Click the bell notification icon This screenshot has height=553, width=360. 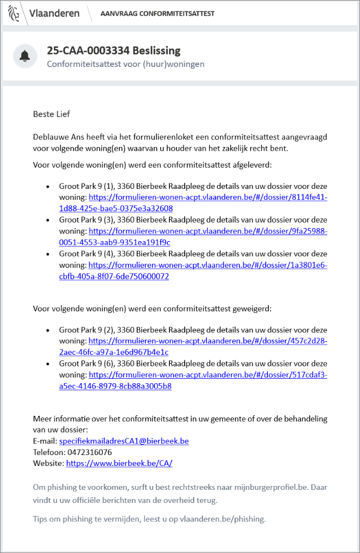[x=25, y=56]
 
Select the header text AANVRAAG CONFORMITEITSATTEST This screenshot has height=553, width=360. [x=157, y=14]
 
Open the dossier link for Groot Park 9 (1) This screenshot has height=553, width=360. [x=208, y=197]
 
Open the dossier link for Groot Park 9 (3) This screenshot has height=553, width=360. [x=208, y=231]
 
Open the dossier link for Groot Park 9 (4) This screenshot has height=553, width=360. [x=208, y=265]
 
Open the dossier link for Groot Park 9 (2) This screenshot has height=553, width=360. [x=208, y=341]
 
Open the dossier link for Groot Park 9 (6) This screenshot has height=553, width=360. [x=208, y=375]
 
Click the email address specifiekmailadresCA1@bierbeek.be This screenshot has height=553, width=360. [x=124, y=441]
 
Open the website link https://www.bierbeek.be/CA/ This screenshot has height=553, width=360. [x=119, y=464]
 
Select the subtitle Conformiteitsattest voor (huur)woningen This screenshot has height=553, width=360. [x=125, y=64]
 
